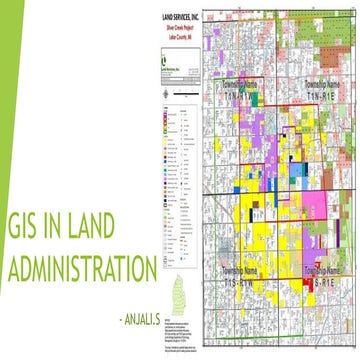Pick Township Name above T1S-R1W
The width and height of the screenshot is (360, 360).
(x=243, y=271)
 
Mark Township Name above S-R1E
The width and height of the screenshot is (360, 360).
(x=328, y=271)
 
